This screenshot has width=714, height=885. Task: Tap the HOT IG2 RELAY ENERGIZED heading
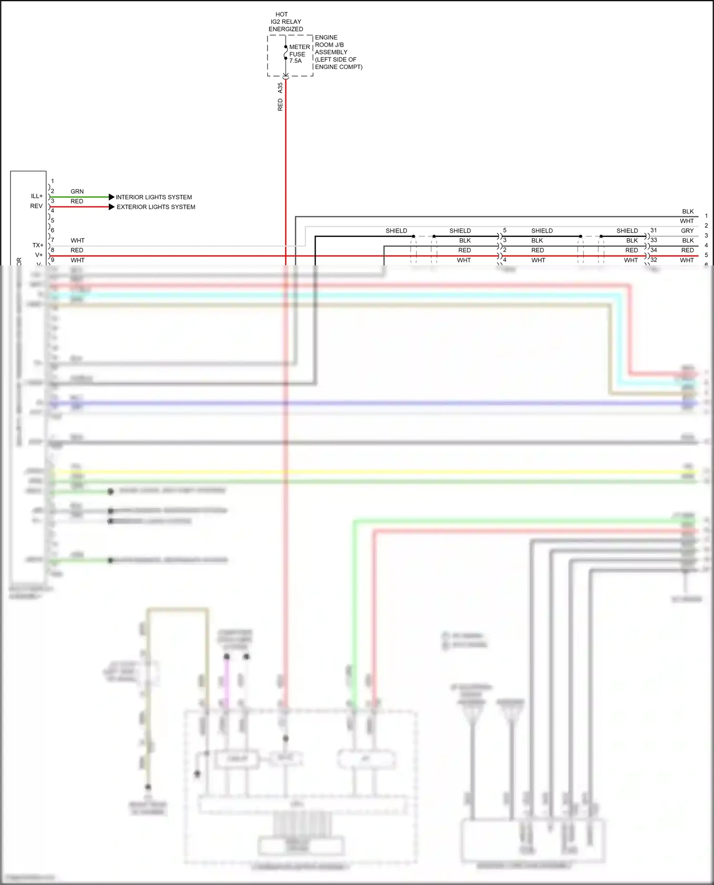point(286,22)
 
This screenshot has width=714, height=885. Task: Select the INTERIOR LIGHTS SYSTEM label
point(154,197)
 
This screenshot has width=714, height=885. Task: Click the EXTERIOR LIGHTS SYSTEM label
point(156,207)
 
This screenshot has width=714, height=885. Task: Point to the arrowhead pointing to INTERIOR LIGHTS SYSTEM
point(111,197)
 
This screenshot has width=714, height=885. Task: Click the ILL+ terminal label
point(37,196)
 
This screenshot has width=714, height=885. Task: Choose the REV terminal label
point(36,206)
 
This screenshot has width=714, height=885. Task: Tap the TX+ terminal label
point(38,245)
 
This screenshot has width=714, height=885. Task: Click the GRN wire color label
point(77,191)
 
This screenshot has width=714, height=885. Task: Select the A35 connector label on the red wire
point(280,88)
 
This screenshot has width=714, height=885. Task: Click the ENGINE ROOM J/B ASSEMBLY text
point(338,52)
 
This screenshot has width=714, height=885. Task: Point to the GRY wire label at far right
point(687,231)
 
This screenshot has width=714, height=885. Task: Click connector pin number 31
point(654,230)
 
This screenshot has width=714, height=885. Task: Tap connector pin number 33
point(654,240)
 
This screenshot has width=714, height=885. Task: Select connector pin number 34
point(654,250)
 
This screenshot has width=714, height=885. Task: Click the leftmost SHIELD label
point(396,231)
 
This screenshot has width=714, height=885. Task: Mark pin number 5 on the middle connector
point(505,230)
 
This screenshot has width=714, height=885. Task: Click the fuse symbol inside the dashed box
point(286,52)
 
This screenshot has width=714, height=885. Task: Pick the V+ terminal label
point(39,255)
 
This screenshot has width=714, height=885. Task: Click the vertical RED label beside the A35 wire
point(280,105)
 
